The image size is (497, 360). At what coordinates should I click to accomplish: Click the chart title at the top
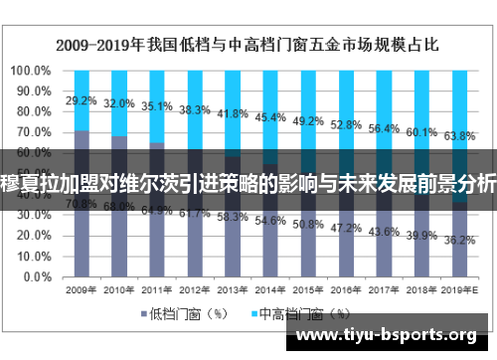coord(249,44)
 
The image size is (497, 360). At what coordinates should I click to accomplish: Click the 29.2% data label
coord(82,100)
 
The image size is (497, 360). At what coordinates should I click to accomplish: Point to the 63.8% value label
coord(458,135)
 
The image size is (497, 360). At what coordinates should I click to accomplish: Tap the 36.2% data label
coord(458,240)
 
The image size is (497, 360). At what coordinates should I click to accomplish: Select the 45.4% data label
coord(269,117)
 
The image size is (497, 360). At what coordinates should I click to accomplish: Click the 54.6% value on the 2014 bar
coord(269,221)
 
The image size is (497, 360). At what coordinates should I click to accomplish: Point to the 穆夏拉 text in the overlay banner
coord(30,184)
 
